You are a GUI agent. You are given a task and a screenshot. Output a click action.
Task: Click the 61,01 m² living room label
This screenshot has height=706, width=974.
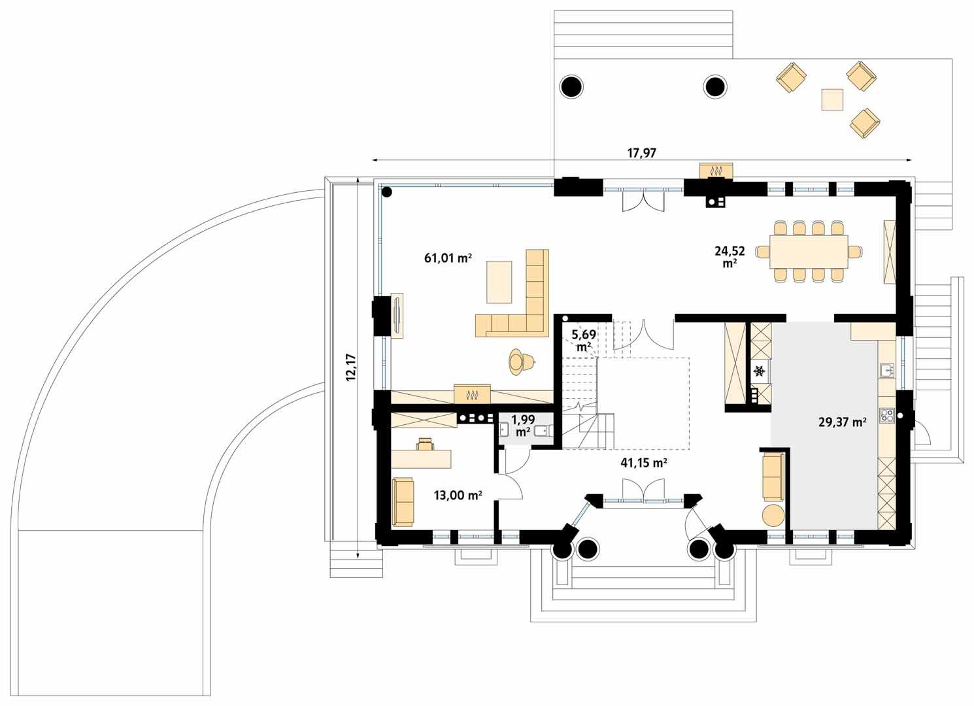pos(448,258)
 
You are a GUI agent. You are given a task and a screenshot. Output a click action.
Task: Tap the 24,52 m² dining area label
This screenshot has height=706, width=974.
pos(730,256)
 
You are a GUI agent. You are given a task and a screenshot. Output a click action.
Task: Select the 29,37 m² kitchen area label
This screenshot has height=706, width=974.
pos(842,422)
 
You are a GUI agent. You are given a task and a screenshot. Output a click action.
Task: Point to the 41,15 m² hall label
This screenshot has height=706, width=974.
pos(643,463)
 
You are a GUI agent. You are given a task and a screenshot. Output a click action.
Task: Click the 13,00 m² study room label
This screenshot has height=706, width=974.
pos(458,496)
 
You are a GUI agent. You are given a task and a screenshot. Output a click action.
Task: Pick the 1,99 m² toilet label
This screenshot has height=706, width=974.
pos(523,425)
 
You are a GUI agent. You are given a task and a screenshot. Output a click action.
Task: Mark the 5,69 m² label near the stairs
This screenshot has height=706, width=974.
pos(584,340)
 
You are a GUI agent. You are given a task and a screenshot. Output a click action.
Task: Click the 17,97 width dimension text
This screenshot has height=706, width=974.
pos(641,153)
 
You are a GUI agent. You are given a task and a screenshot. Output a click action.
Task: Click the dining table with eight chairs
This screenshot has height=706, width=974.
pos(809,252)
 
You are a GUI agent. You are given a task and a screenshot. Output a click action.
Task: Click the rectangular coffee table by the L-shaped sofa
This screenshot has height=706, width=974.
pos(499,282)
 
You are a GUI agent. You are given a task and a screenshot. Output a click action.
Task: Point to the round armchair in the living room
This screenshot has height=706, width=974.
pos(520,361)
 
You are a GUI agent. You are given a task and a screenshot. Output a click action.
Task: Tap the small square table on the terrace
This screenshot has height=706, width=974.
pos(832,99)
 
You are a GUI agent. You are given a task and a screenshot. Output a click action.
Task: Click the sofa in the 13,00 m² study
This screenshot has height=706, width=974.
pos(403,501)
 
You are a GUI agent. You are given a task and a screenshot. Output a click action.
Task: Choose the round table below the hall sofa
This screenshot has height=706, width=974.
pos(773,514)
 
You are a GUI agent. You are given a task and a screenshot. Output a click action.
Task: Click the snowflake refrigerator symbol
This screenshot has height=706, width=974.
pos(760,371)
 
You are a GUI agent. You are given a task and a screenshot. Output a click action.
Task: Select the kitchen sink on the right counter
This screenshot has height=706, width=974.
pos(886,371)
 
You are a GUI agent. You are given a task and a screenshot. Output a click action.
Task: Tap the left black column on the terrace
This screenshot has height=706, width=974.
pos(571,86)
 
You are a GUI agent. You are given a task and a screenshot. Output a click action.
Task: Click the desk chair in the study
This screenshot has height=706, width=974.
pos(425,444)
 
